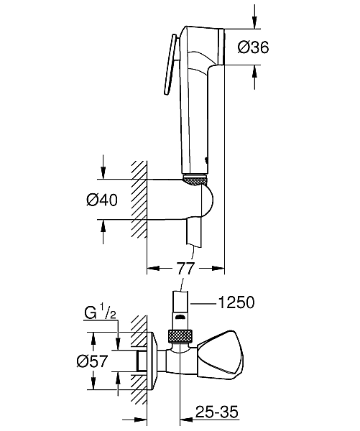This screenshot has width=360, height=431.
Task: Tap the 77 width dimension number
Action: click(x=188, y=269)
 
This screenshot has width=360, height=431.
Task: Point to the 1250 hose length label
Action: click(x=236, y=304)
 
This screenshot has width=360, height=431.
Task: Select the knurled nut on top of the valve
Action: click(x=183, y=335)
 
